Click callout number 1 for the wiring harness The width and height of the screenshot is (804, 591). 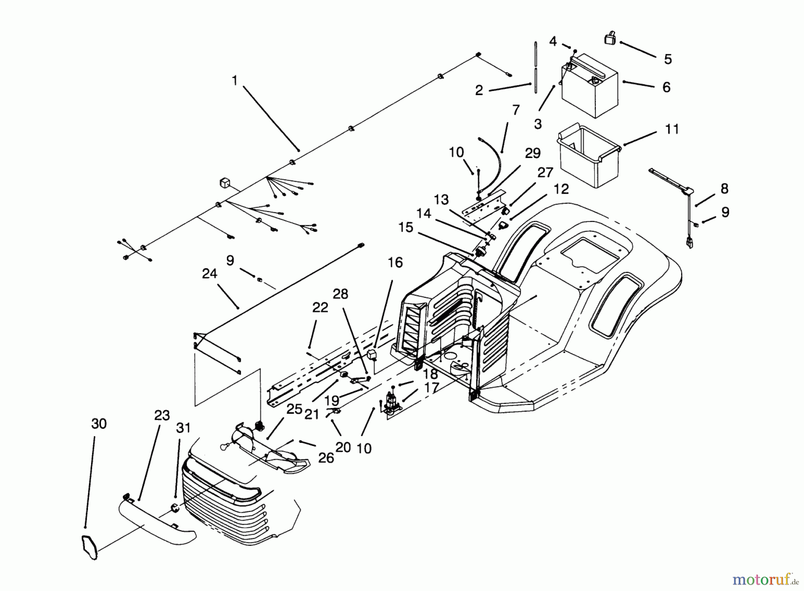(x=234, y=81)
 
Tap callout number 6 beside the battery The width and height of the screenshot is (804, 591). (x=666, y=87)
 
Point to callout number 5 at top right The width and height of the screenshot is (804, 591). (x=668, y=59)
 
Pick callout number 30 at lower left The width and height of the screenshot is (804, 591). (x=99, y=424)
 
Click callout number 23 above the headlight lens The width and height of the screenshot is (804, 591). (x=162, y=416)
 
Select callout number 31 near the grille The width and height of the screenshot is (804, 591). (x=183, y=428)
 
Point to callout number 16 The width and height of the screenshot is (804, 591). (x=395, y=262)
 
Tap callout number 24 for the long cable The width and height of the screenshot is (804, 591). (x=209, y=274)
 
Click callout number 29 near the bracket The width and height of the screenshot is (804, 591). (x=532, y=153)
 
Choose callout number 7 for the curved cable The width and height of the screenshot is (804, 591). (x=516, y=110)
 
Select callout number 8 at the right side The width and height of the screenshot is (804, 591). (x=724, y=189)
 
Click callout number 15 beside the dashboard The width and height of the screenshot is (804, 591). (x=406, y=228)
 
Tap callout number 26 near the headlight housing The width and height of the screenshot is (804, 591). (x=326, y=458)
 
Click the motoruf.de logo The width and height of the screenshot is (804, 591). (x=765, y=579)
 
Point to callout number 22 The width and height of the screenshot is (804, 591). (x=320, y=308)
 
